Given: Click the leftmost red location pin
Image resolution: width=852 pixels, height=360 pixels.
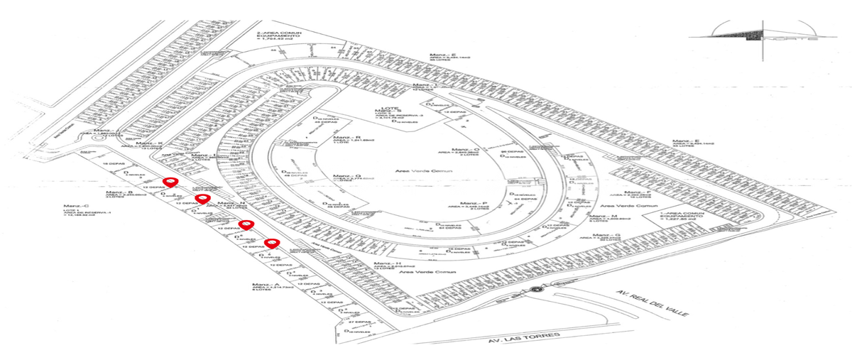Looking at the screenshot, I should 168,182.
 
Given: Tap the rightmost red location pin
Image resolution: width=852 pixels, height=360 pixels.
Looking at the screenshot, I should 271,245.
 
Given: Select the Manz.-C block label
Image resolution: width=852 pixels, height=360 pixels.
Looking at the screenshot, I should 74,205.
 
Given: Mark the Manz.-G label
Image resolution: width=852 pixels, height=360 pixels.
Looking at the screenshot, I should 608,234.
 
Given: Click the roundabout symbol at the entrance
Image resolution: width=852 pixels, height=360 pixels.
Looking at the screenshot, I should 535,290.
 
